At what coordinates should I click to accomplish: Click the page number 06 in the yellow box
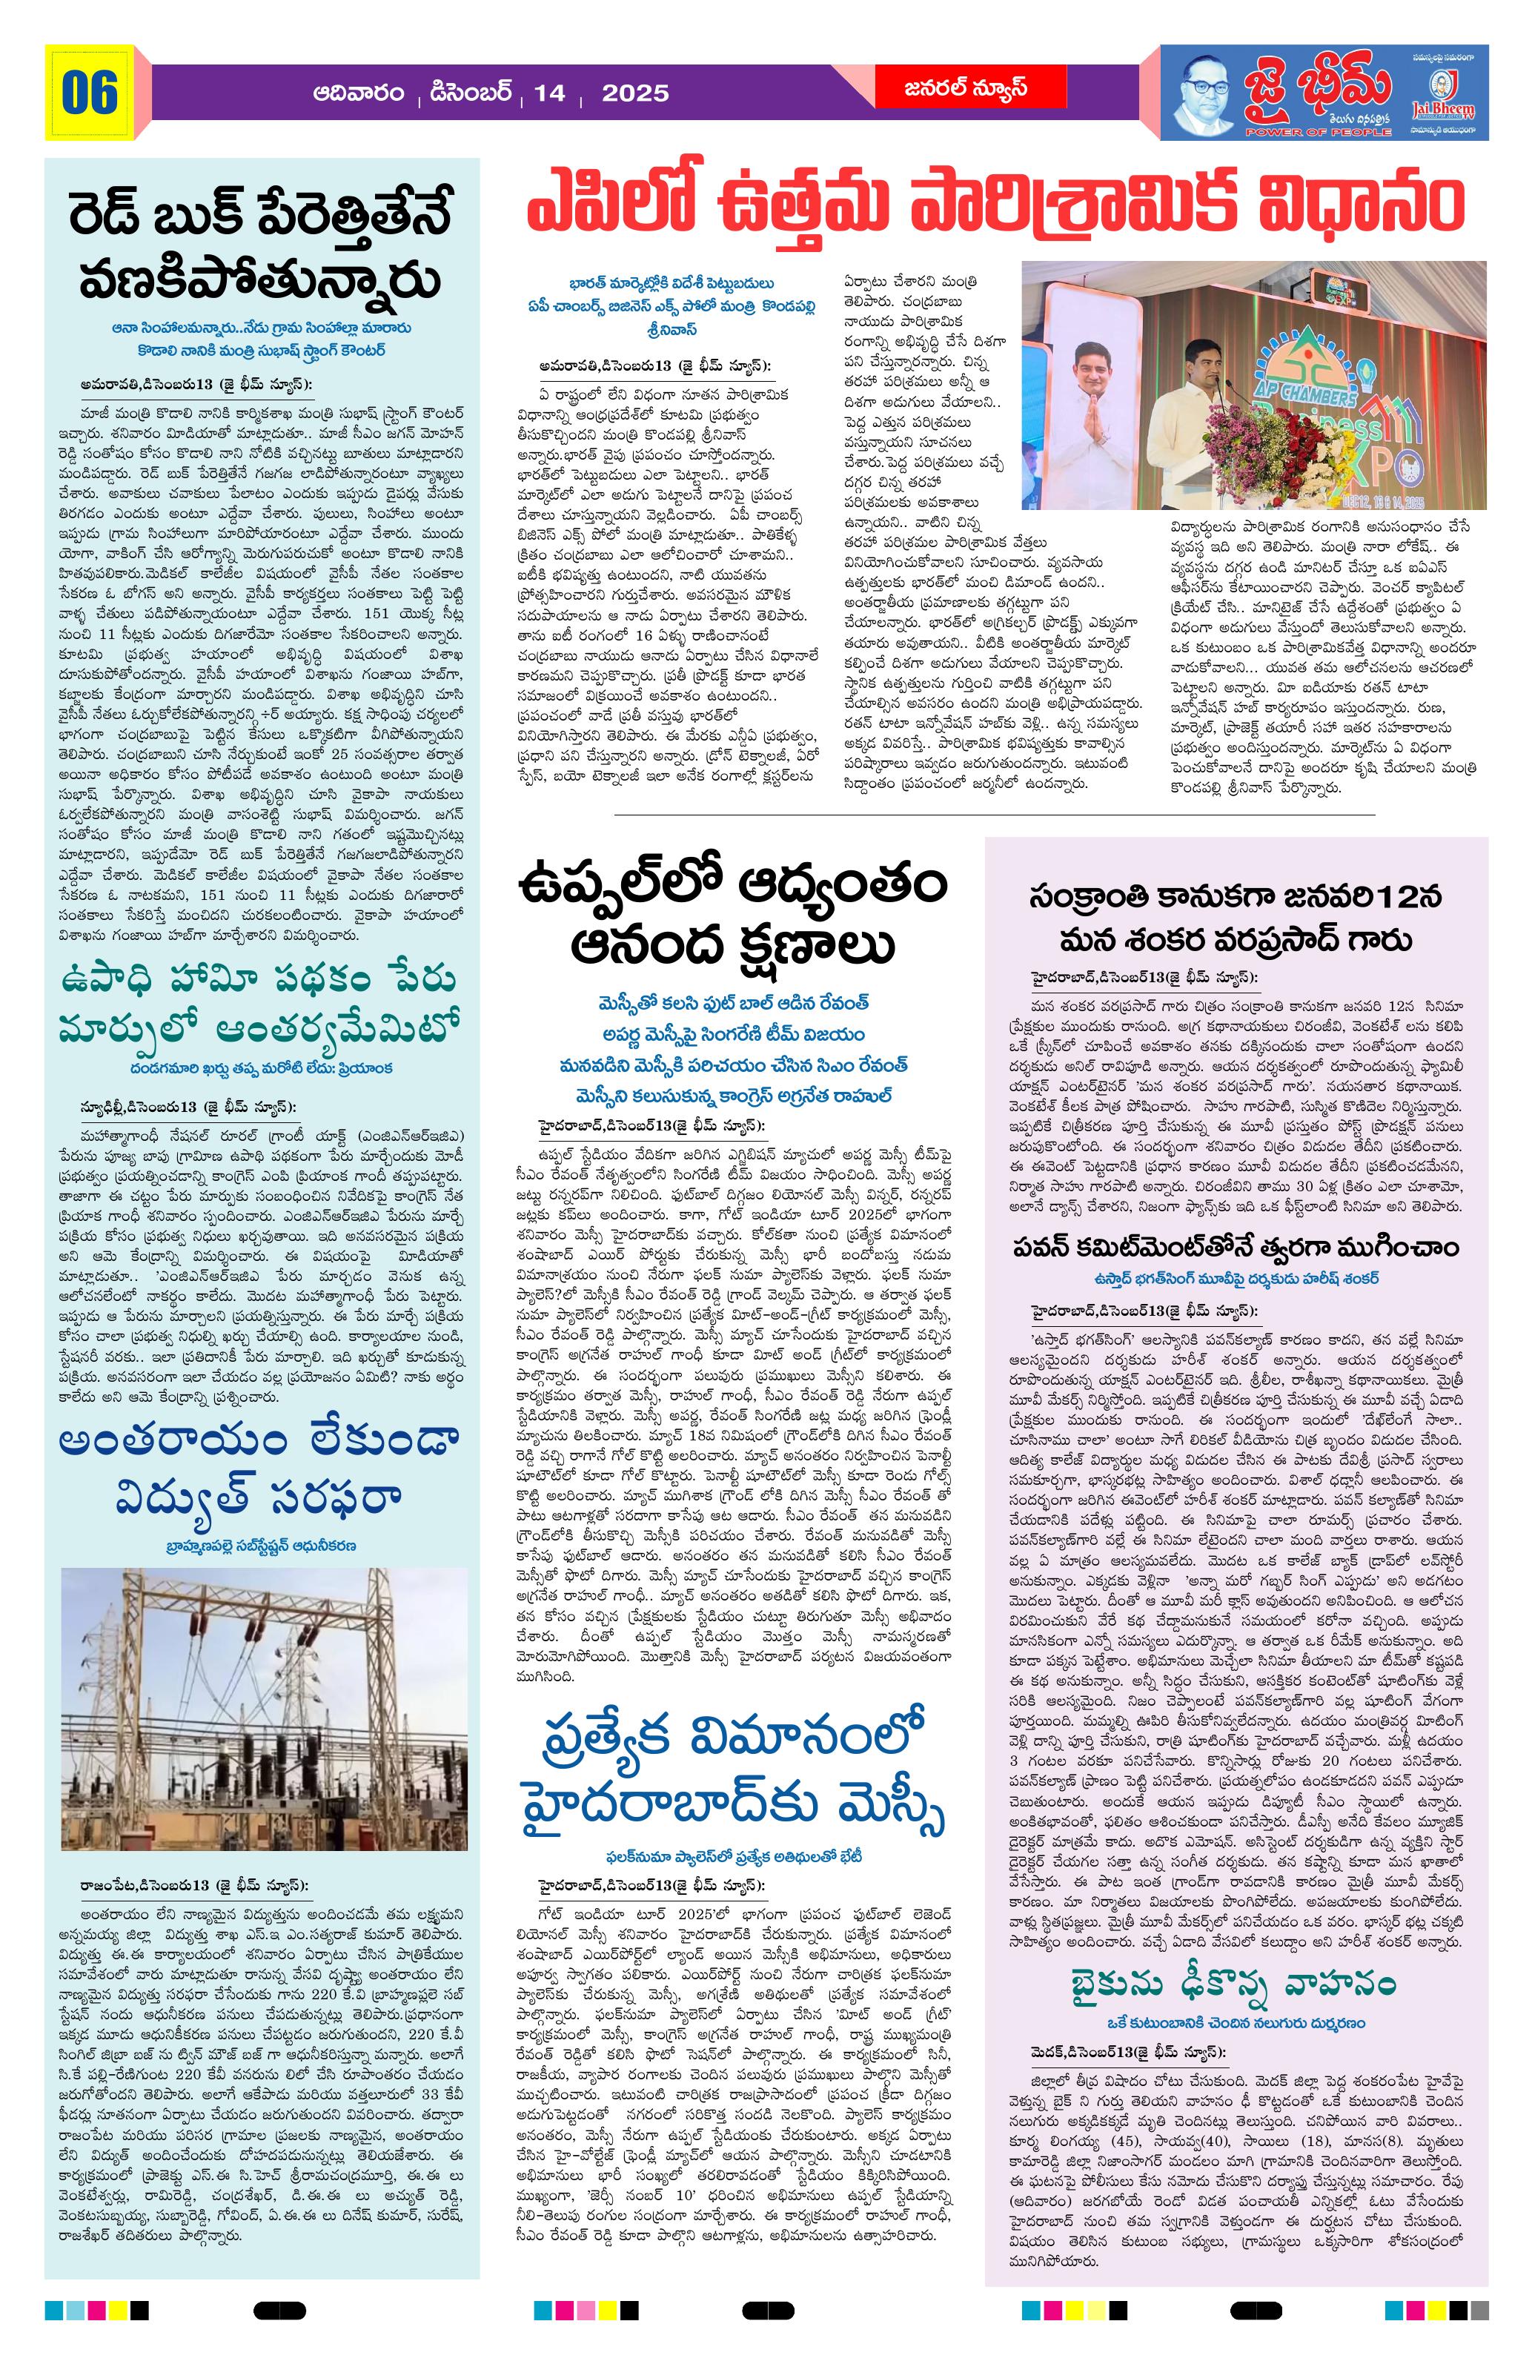point(90,93)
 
